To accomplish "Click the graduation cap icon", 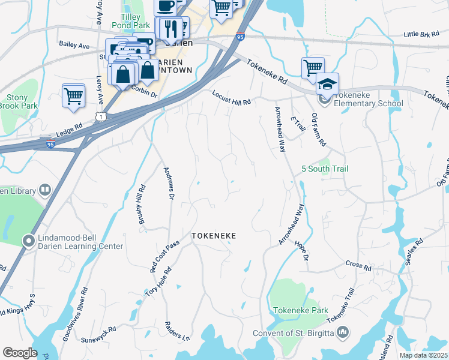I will point(327,83).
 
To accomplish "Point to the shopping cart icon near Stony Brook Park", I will point(73,95).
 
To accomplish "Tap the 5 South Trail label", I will point(324,169).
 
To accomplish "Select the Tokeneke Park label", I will point(301,310).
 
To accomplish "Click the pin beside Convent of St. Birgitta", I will point(342,331).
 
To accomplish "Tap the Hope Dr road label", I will point(301,251).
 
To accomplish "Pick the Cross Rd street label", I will point(359,265).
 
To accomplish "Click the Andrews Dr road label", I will point(169,183).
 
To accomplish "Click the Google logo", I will point(20,353).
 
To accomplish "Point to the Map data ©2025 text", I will point(423,355).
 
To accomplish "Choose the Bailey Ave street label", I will point(74,45).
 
